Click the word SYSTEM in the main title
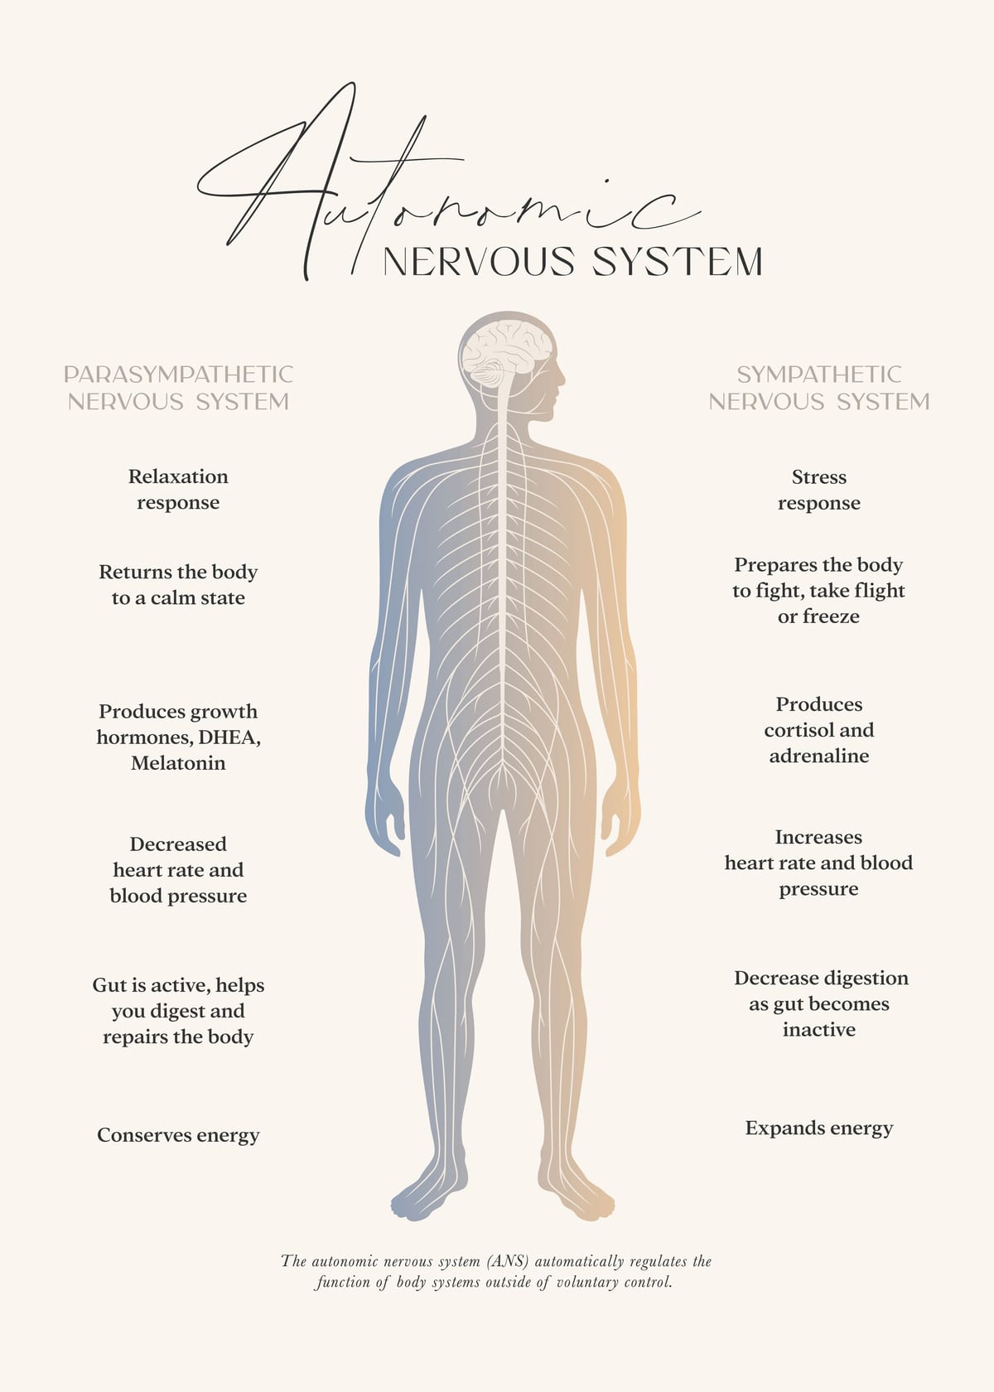click(677, 261)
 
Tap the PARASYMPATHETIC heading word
click(178, 375)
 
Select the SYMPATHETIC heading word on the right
click(818, 375)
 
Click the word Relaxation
click(178, 476)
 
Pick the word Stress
click(818, 477)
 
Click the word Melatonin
click(178, 763)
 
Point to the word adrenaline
click(818, 756)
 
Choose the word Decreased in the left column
click(178, 844)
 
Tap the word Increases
click(818, 838)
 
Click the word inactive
click(818, 1030)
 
